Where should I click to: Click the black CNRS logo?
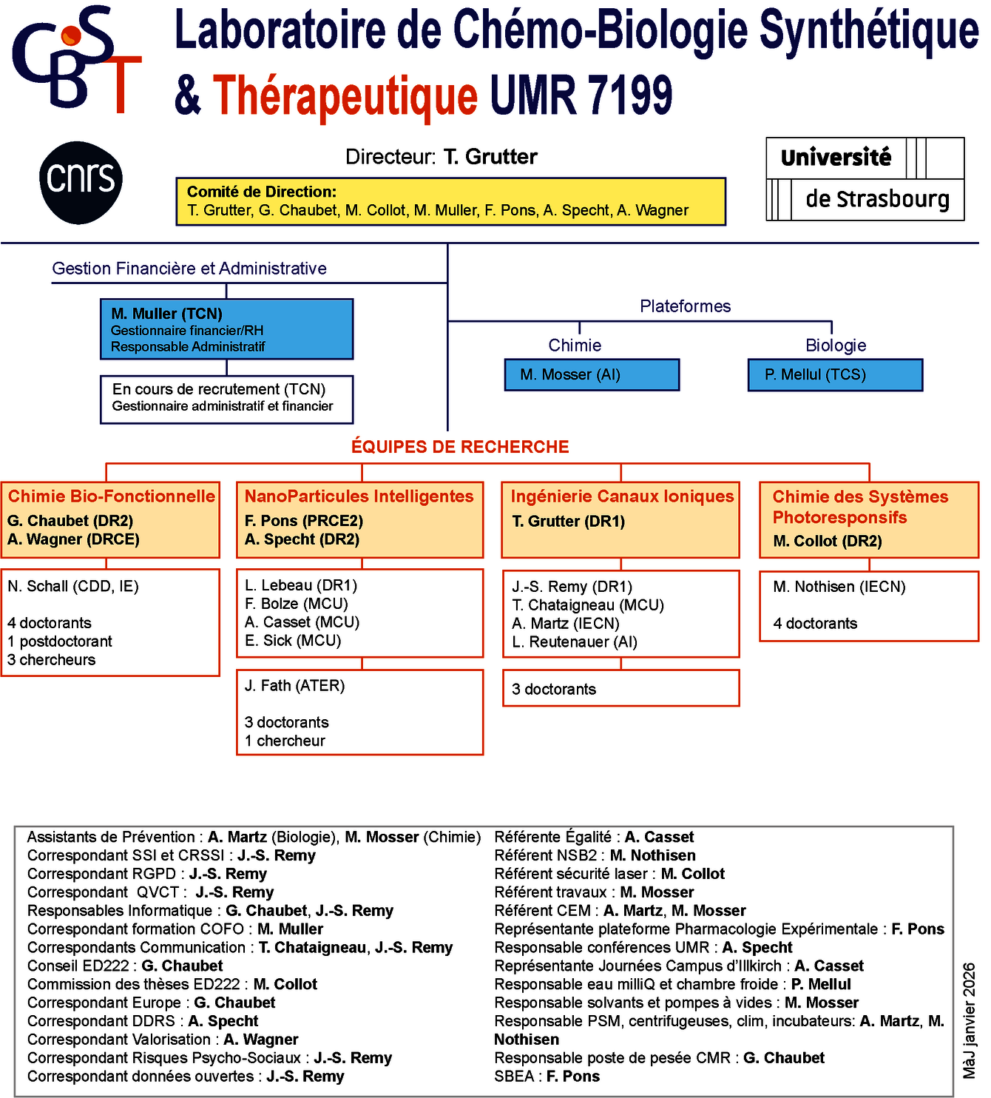tap(81, 182)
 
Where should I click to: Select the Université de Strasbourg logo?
tap(865, 179)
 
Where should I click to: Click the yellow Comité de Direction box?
tap(450, 201)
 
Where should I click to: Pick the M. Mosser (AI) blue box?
tap(592, 375)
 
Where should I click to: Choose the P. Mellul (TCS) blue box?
tap(835, 375)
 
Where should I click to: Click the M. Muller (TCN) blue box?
tap(226, 329)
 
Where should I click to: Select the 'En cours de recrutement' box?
tap(226, 400)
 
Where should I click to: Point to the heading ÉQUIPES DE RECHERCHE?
tap(460, 447)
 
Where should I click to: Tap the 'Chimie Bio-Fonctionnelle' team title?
tap(112, 496)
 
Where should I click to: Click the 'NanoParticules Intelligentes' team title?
tap(359, 496)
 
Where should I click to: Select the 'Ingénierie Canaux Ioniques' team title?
tap(622, 496)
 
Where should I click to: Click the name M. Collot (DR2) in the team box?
tap(828, 542)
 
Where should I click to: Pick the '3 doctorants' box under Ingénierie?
tap(620, 689)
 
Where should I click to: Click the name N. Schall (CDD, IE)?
tap(73, 587)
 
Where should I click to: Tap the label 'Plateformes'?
tap(685, 306)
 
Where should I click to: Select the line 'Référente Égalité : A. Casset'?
tap(594, 837)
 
